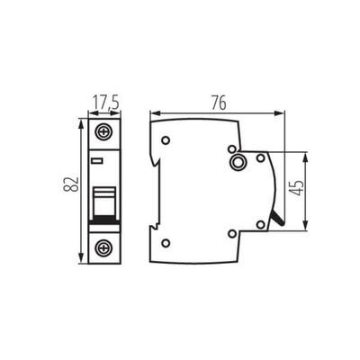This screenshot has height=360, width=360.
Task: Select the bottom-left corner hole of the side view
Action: [x=166, y=242]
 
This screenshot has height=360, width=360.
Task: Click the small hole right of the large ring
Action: [x=261, y=158]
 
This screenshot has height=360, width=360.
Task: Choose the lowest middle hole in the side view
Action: [x=232, y=233]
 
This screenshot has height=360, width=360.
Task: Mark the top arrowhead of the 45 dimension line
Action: [x=309, y=154]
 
